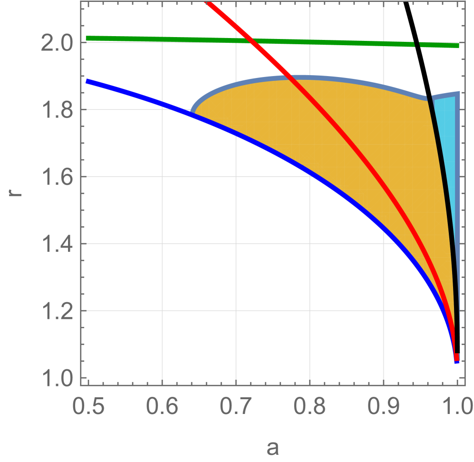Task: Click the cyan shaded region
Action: pyautogui.click(x=447, y=143)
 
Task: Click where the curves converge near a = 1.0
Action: pyautogui.click(x=456, y=357)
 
